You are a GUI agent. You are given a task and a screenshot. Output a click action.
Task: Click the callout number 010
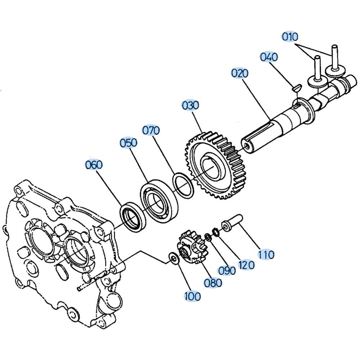(290, 37)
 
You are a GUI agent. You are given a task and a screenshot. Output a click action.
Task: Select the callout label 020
(240, 73)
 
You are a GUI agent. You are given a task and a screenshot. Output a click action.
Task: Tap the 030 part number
(190, 105)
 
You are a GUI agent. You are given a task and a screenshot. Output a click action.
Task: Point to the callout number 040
(269, 57)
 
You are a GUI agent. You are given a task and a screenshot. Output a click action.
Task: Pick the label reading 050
(129, 143)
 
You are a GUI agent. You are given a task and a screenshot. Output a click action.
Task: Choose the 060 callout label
(94, 165)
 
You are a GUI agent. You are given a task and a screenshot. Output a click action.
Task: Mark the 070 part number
(151, 130)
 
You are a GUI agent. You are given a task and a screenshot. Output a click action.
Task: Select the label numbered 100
(192, 297)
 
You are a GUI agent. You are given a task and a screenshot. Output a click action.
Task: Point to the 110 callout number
(266, 255)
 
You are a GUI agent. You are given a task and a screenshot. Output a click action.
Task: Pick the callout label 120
(246, 265)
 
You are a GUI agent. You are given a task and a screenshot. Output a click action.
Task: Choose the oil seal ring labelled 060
(132, 217)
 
